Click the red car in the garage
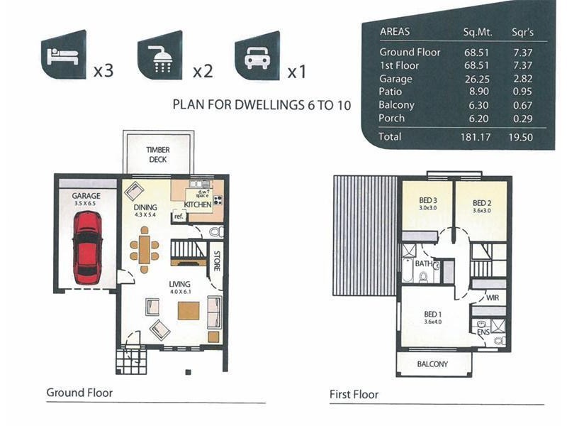pos(87,248)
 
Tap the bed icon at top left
pos(63,55)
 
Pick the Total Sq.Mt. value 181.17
pos(476,137)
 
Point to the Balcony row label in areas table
pos(396,105)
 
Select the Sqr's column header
pos(522,32)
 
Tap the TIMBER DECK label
pos(158,155)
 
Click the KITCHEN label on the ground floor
pos(198,204)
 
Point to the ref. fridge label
pos(179,217)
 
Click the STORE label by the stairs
pos(217,261)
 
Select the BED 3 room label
pos(428,200)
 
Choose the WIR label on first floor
pos(493,297)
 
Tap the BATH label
pos(423,263)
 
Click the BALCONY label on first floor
pos(432,364)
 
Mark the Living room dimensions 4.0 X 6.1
pos(180,292)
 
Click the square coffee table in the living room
pos(189,311)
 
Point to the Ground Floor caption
pos(79,393)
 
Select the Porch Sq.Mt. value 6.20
pos(478,119)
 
